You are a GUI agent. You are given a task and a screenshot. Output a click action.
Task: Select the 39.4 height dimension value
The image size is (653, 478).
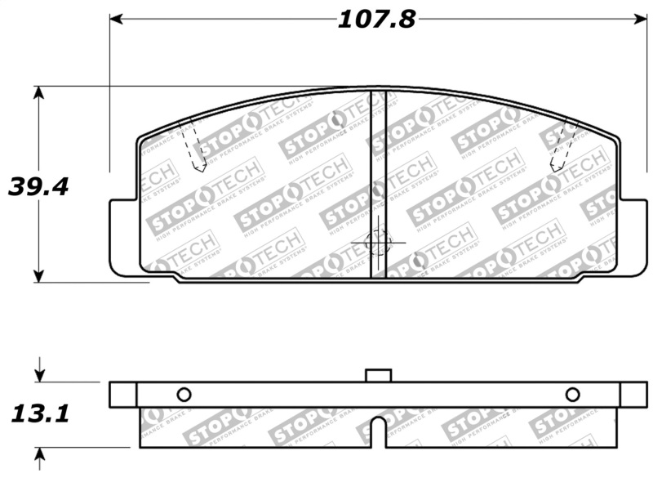(x=38, y=186)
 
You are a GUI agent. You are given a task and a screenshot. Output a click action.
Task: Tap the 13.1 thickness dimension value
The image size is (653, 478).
(x=38, y=414)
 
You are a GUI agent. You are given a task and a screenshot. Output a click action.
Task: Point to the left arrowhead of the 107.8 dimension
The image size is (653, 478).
(x=115, y=18)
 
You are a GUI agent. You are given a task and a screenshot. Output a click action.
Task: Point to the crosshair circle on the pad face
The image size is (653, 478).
(x=378, y=242)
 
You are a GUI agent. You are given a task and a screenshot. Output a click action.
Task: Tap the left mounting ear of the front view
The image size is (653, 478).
(x=122, y=237)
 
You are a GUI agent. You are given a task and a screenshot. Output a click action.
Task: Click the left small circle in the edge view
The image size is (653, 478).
(x=184, y=395)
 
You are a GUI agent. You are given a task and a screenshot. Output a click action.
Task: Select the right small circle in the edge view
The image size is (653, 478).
(x=572, y=395)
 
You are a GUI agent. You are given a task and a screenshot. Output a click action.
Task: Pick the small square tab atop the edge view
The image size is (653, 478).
(x=378, y=375)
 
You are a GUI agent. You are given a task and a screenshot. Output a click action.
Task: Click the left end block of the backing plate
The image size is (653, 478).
(x=122, y=394)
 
